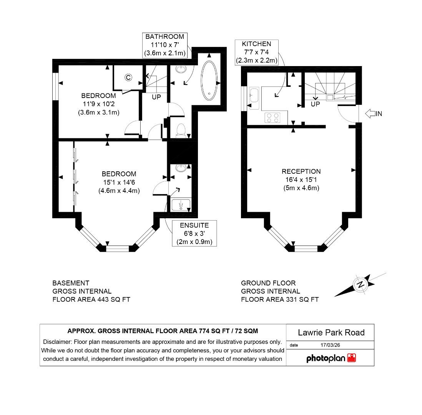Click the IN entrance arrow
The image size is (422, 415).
tap(373, 113)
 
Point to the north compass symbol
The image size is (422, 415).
tap(360, 285)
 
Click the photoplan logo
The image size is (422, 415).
tap(331, 358)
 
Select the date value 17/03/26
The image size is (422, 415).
tap(330, 345)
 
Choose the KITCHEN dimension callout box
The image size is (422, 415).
tap(256, 52)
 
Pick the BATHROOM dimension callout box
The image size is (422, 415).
tap(164, 45)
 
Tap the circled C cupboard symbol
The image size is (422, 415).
tap(128, 77)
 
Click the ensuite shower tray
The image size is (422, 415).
tap(181, 205)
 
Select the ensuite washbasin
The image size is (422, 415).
tap(181, 168)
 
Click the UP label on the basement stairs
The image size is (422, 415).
tap(156, 97)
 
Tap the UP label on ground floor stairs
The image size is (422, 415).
tap(315, 104)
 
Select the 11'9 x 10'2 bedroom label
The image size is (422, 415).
tap(98, 104)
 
